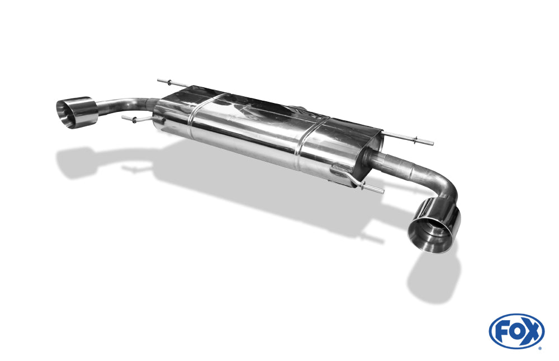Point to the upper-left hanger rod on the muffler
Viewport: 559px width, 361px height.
[173, 83]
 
